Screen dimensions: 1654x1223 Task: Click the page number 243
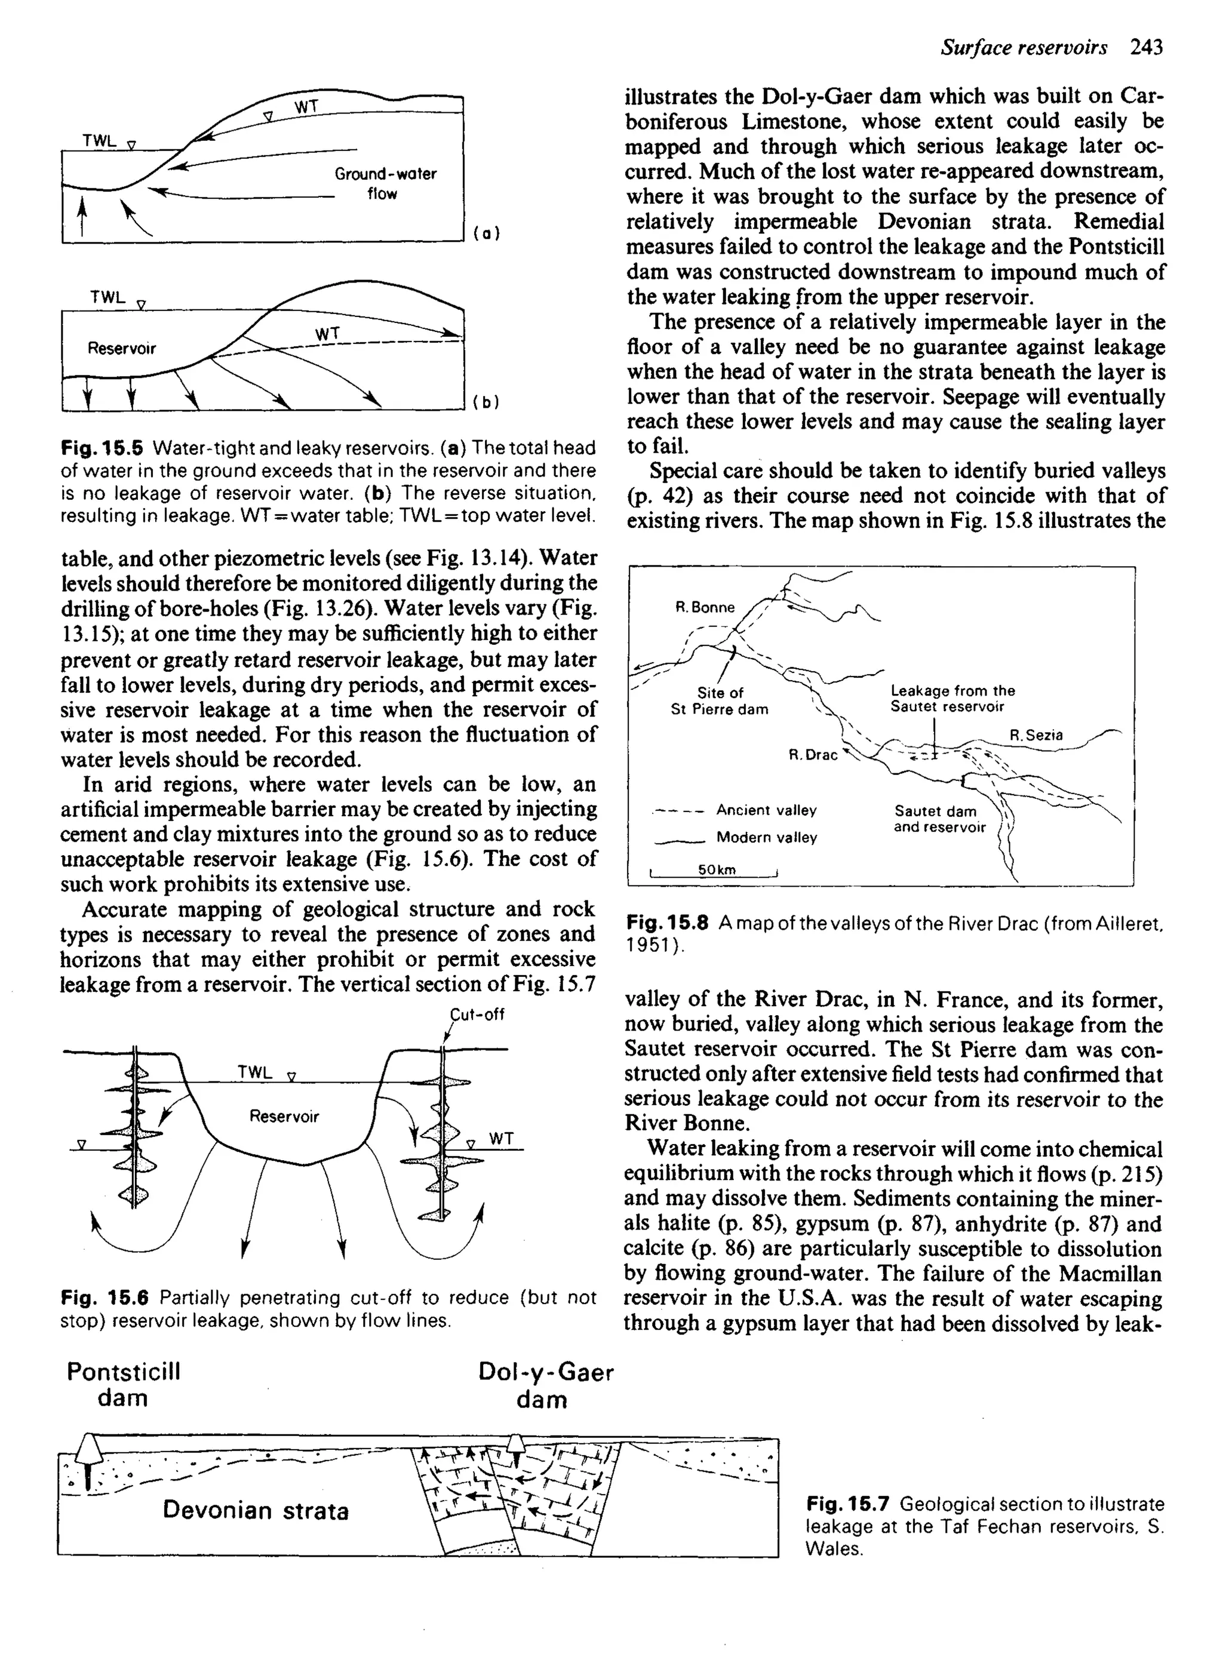[1147, 48]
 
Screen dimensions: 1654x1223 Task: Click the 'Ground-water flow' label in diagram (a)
[385, 183]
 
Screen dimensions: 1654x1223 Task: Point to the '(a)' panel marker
[486, 233]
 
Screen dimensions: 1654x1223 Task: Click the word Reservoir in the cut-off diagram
[284, 1116]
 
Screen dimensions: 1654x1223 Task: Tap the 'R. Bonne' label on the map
[705, 608]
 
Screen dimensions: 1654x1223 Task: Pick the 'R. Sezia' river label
[1035, 735]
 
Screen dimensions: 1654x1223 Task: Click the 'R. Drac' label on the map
[813, 755]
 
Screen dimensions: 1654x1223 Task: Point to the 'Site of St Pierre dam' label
[720, 701]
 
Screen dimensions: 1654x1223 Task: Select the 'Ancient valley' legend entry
[766, 810]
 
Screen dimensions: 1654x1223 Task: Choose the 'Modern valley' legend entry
[766, 838]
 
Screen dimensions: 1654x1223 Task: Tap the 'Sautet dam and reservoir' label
[939, 819]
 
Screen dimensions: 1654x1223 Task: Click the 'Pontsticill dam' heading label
[123, 1385]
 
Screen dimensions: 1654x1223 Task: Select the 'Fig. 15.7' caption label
[850, 1505]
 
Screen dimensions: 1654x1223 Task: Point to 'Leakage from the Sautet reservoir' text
[952, 699]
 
